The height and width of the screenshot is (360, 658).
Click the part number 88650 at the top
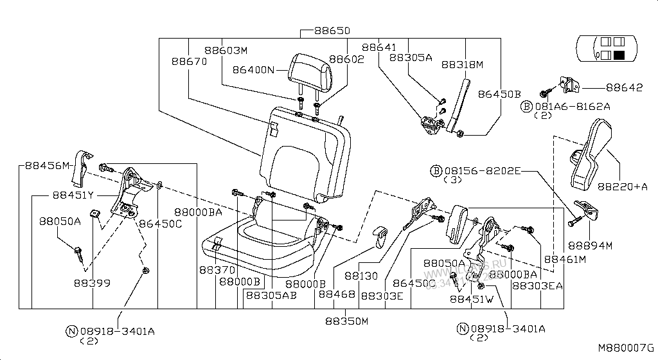click(x=332, y=31)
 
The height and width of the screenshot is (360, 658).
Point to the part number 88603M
click(x=226, y=50)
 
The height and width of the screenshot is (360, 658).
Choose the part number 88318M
click(x=461, y=65)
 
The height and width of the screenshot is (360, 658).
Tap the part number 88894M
click(x=591, y=245)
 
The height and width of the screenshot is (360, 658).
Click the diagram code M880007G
click(x=626, y=347)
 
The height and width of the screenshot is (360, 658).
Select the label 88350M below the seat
click(x=346, y=321)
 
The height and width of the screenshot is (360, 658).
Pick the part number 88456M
click(x=47, y=165)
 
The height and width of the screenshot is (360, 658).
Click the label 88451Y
click(x=73, y=195)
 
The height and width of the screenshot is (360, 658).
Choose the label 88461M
click(x=565, y=259)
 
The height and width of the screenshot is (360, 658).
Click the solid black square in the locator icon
click(x=620, y=55)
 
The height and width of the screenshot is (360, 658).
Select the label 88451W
click(x=471, y=299)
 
